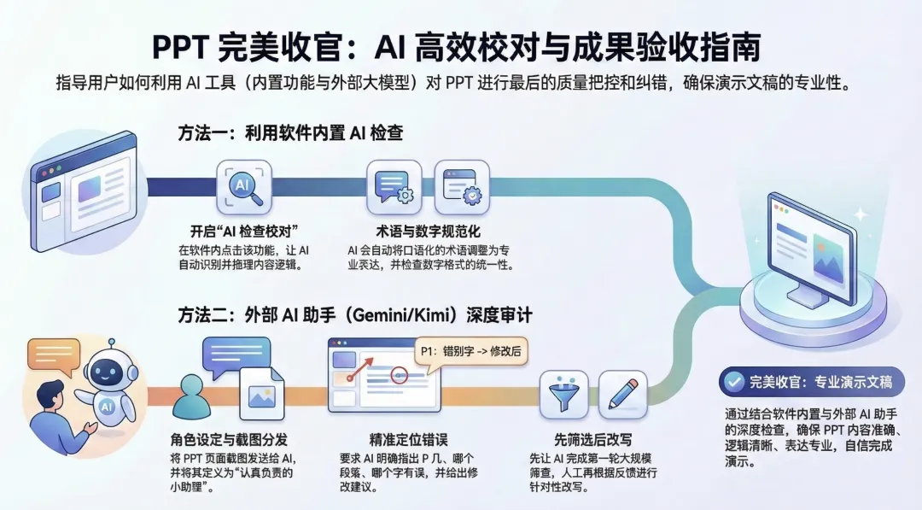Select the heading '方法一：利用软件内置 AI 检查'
pyautogui.click(x=290, y=133)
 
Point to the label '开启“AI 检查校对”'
pyautogui.click(x=243, y=232)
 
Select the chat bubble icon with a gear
pyautogui.click(x=394, y=185)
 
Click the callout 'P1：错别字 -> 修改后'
pyautogui.click(x=471, y=351)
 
